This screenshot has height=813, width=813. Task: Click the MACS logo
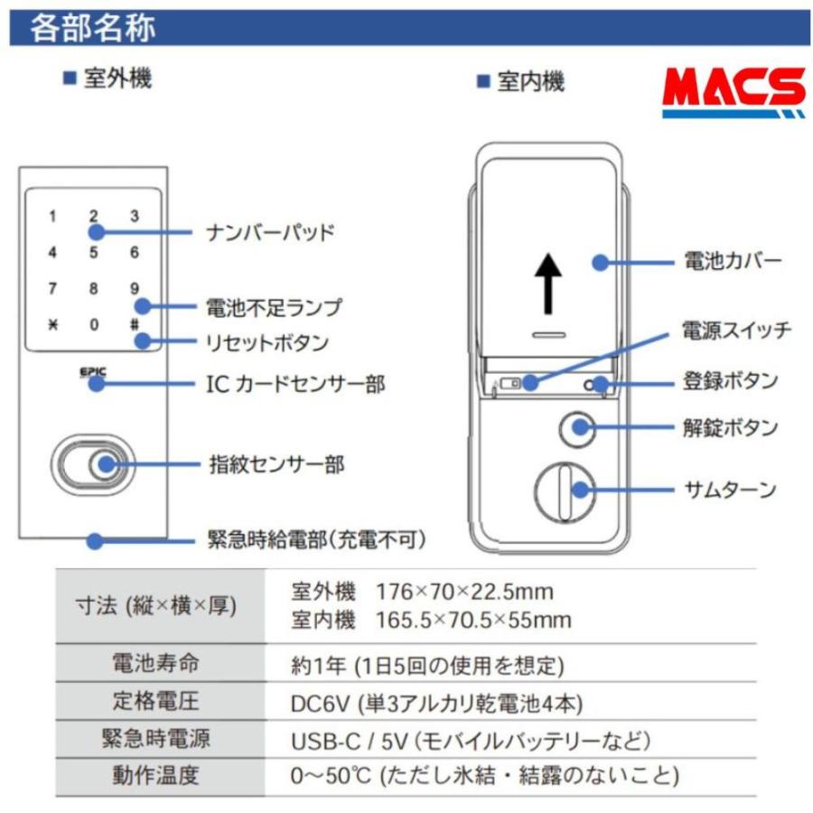(733, 92)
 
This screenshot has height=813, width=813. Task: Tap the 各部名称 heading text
(92, 28)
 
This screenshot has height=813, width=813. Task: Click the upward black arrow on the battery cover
(547, 281)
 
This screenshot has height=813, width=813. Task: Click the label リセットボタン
(268, 343)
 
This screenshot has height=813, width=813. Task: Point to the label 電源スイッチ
(736, 330)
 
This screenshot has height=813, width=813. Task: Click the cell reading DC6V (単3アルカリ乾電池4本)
(436, 703)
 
